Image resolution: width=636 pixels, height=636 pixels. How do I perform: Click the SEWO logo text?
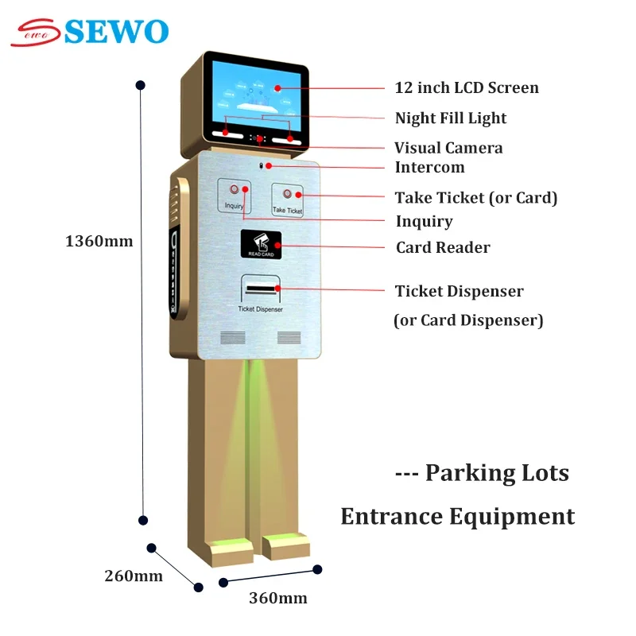pyautogui.click(x=115, y=31)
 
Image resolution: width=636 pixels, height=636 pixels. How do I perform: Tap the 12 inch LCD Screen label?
pyautogui.click(x=467, y=87)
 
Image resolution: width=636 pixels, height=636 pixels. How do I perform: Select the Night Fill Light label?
pyautogui.click(x=451, y=118)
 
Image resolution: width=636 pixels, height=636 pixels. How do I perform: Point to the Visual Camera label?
pyautogui.click(x=448, y=148)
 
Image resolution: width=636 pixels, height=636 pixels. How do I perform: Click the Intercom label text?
pyautogui.click(x=429, y=167)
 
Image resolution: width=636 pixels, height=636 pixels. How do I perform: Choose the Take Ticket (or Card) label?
pyautogui.click(x=476, y=197)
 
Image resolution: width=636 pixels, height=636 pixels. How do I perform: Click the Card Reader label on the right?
pyautogui.click(x=443, y=247)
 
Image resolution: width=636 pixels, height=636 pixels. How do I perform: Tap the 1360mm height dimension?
pyautogui.click(x=99, y=241)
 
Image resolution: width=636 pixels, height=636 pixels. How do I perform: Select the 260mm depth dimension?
pyautogui.click(x=134, y=576)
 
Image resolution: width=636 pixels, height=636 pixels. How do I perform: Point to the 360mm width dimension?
pyautogui.click(x=277, y=598)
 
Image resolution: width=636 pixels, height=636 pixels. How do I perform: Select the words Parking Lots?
pyautogui.click(x=497, y=473)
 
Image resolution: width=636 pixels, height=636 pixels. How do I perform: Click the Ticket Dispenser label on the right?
pyautogui.click(x=460, y=291)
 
